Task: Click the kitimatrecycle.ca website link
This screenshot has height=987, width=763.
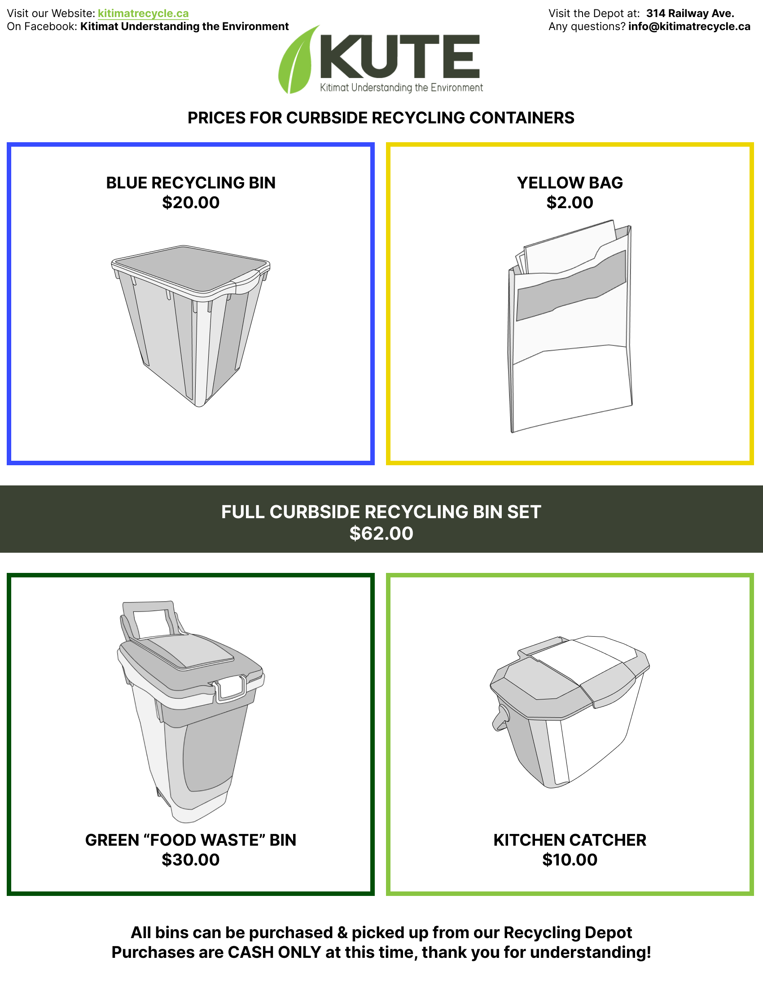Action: click(x=143, y=13)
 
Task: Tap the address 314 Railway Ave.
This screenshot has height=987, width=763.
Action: click(x=690, y=13)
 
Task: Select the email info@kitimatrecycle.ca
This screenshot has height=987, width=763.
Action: click(x=689, y=26)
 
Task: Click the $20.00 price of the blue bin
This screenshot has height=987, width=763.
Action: click(x=191, y=202)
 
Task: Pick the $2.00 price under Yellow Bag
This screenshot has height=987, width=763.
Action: click(x=570, y=202)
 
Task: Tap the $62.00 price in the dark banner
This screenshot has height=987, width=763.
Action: click(x=381, y=533)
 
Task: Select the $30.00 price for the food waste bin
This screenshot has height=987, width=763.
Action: click(x=191, y=860)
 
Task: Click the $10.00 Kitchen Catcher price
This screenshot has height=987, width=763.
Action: click(x=570, y=860)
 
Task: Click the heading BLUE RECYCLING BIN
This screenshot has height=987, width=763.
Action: click(x=191, y=183)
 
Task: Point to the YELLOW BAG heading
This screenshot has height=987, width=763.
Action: click(x=570, y=183)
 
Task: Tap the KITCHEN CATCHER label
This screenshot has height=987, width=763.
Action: click(x=570, y=840)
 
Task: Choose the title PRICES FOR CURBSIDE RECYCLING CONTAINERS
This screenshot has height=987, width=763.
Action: click(x=381, y=118)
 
